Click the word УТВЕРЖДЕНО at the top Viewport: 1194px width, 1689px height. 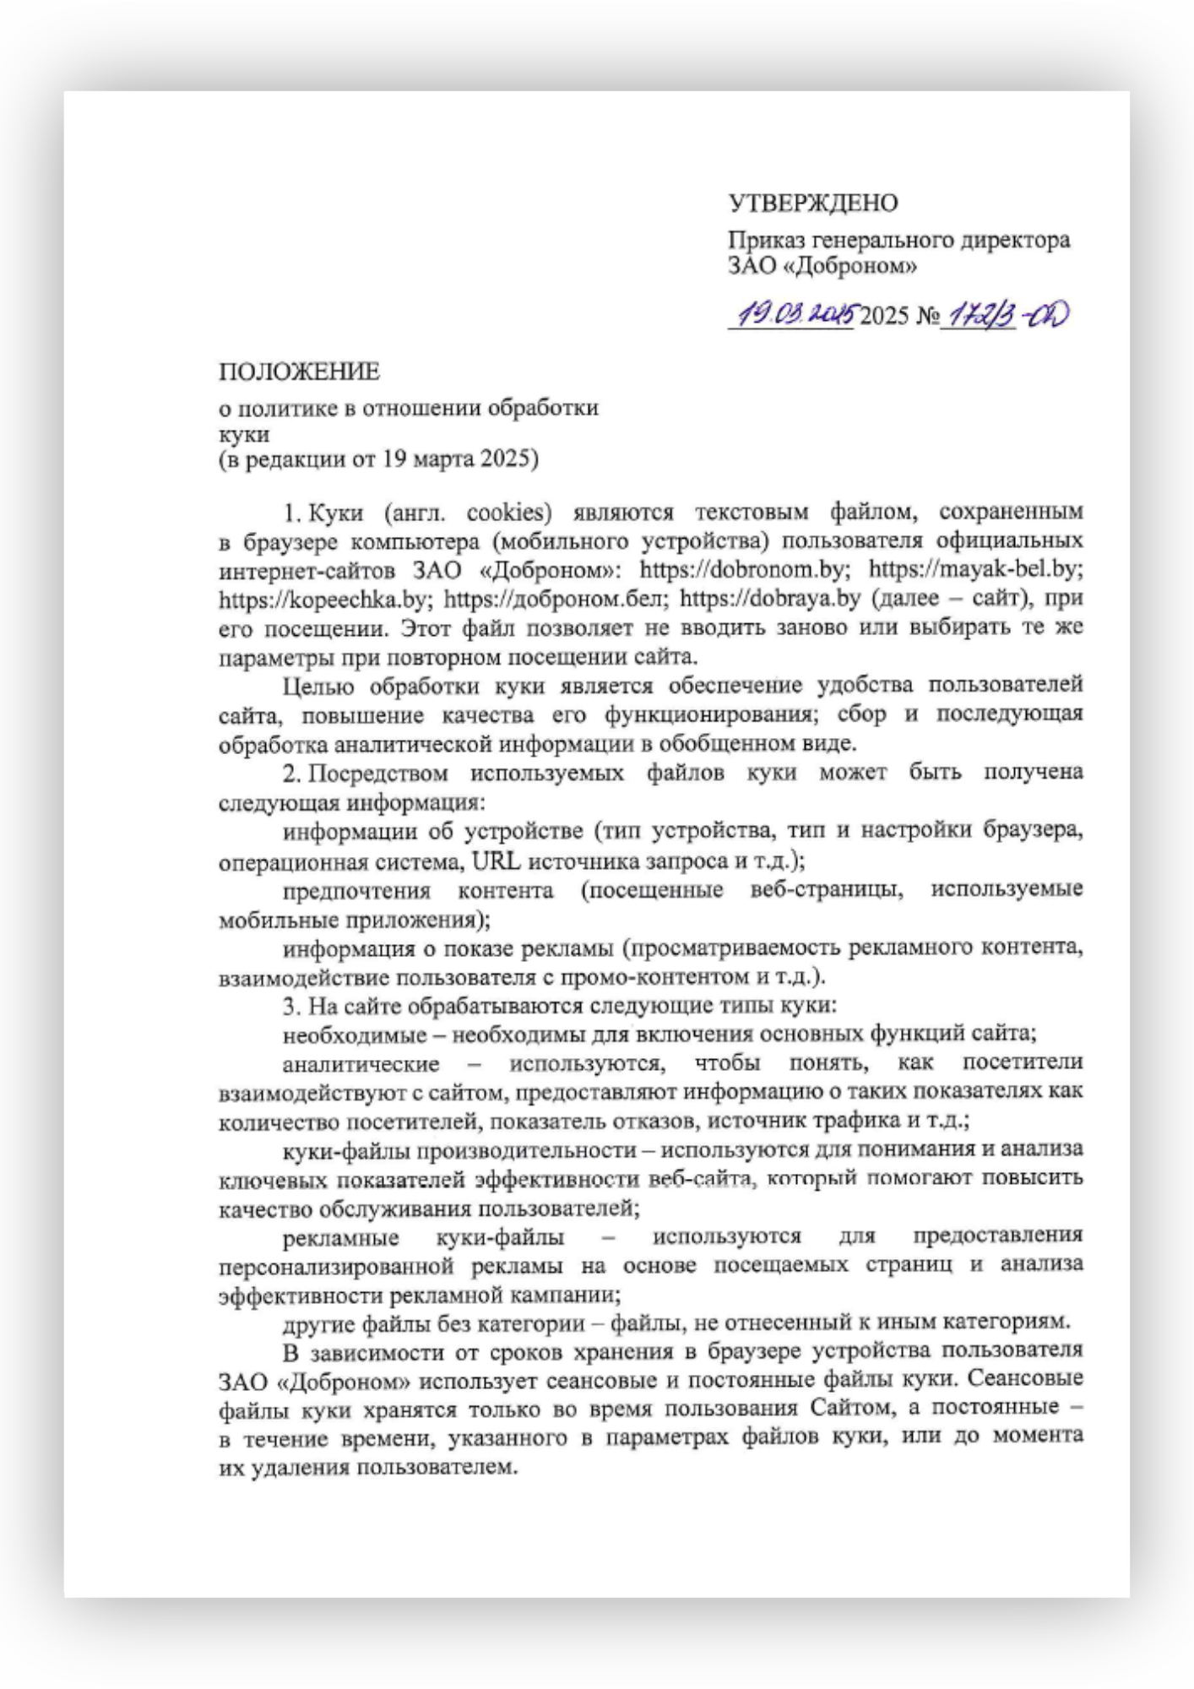coord(812,204)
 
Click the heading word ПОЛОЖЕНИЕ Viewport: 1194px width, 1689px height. coord(299,372)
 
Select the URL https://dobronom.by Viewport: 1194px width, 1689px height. coord(741,569)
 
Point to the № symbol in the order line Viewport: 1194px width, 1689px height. coord(928,317)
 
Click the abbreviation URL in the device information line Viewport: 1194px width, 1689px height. coord(497,861)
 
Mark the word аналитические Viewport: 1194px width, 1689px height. coord(361,1064)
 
